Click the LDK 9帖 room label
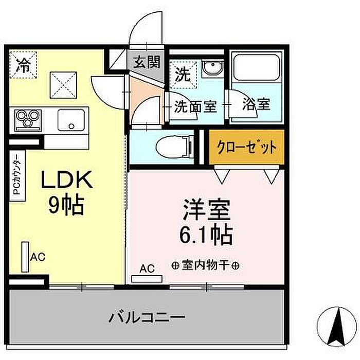point(66,193)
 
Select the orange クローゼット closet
point(246,148)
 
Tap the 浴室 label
point(256,105)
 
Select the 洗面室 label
point(195,107)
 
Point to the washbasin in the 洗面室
point(211,70)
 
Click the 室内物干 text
point(206,266)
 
